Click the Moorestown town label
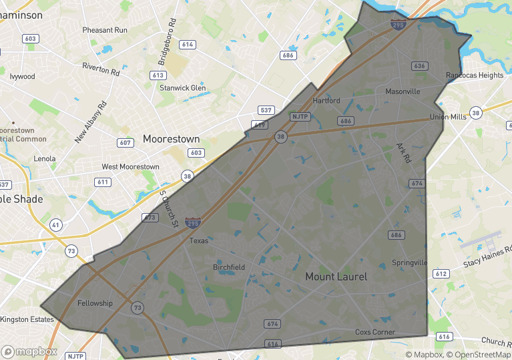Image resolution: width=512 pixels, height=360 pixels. pos(171,139)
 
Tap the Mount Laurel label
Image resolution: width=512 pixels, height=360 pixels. pos(336,276)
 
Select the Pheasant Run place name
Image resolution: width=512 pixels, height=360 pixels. pos(105,30)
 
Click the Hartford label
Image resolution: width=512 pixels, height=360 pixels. pos(326,101)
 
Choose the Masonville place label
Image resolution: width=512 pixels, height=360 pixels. pos(403,91)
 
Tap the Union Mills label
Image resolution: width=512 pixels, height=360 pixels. pos(448,117)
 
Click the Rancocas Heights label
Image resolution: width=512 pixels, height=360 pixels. pos(475,75)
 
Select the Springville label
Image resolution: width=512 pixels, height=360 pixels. pos(409,262)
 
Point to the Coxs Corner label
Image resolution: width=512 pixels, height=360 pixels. pos(374,332)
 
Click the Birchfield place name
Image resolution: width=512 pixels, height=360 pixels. pos(229,267)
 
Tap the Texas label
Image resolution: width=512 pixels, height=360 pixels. pos(199,240)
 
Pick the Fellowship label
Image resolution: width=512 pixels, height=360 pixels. pos(95,303)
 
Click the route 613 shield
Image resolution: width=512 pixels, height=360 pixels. pos(158,75)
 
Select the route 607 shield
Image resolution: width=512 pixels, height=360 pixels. pos(124,142)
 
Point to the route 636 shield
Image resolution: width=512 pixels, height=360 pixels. pos(419,66)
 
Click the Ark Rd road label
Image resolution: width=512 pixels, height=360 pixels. pos(403,153)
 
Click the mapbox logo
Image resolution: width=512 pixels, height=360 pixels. pos(30,351)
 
